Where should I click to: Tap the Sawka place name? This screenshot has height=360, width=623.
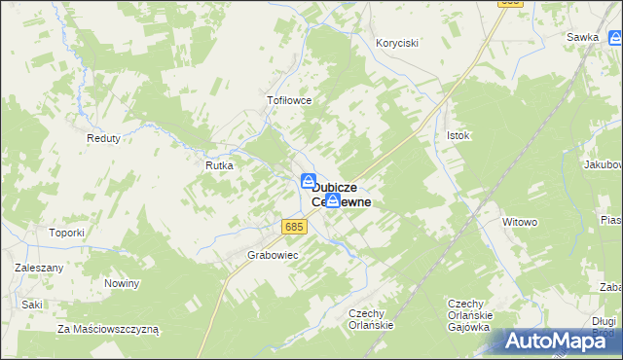tap(582, 37)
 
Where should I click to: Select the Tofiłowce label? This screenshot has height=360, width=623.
tap(289, 99)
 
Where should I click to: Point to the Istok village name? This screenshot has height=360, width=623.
tap(458, 135)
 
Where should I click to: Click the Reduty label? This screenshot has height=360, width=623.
tap(103, 138)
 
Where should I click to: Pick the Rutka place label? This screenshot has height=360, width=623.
tap(218, 165)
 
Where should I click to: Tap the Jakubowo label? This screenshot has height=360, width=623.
tap(603, 164)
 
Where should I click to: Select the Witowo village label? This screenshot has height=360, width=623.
tap(520, 222)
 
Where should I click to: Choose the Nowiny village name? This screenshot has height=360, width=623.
tap(123, 283)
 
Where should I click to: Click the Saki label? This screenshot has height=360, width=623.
tap(32, 305)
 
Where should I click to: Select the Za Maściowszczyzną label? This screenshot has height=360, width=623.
tap(108, 329)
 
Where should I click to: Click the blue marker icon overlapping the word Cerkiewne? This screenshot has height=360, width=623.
tap(333, 201)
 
